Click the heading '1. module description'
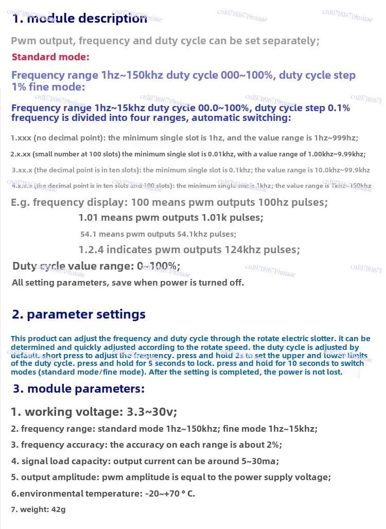80,19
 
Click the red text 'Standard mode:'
50,57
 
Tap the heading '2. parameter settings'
79,314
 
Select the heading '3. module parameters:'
79,389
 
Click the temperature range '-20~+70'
159,493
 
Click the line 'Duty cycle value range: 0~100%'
96,266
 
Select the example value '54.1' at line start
88,234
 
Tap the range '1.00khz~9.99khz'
334,154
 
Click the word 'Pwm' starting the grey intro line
22,41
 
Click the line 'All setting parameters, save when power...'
128,283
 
